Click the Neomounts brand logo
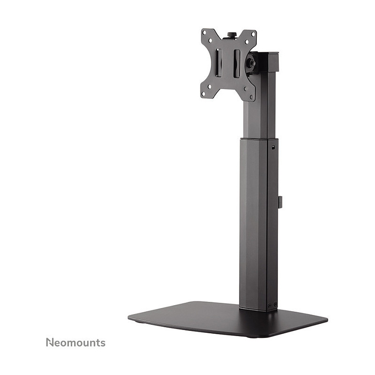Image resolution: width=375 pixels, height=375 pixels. coord(75,343)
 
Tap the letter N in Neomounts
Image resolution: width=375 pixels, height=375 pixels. coord(50,343)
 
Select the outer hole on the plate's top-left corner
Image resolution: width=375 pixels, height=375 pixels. coord(204,33)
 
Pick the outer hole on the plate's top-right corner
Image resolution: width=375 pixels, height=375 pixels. coord(253,34)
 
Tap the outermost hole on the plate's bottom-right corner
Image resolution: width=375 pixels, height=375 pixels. coord(251,97)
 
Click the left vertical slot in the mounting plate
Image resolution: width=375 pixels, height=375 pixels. coord(219,63)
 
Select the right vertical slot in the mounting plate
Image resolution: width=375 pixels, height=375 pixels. coord(237,64)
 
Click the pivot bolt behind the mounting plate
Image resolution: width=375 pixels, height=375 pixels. coord(252,63)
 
